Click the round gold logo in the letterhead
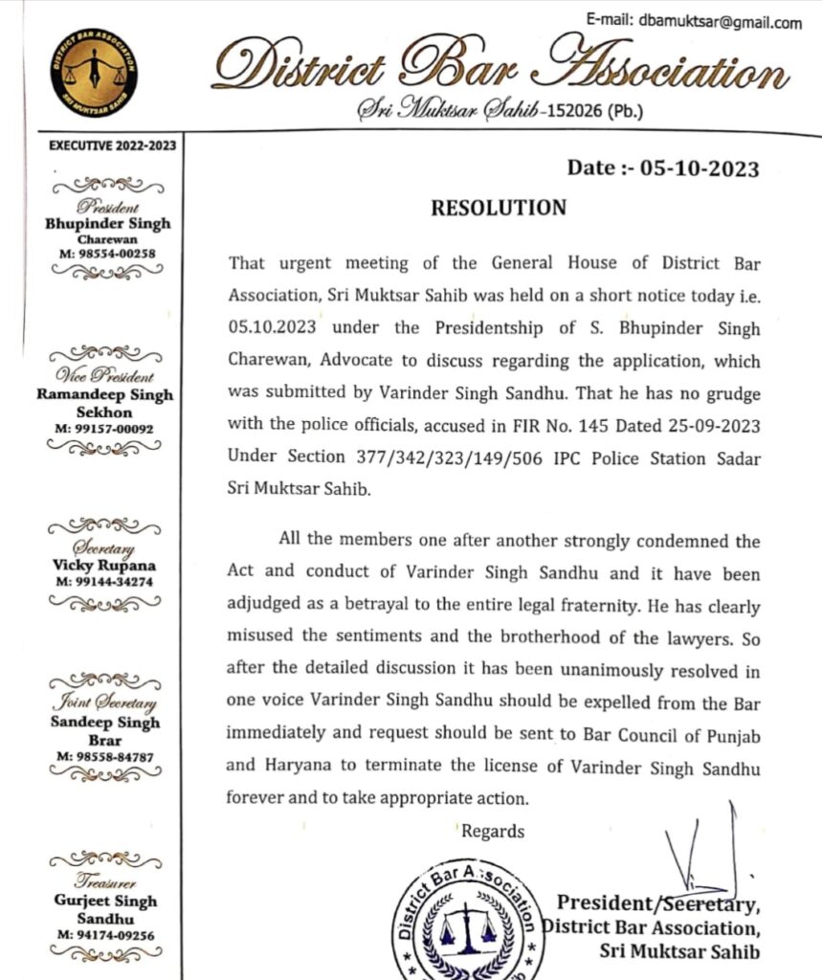click(x=93, y=73)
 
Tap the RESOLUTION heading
click(x=499, y=207)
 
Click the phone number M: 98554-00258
click(x=106, y=253)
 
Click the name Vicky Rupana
click(x=106, y=566)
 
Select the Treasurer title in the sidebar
click(x=106, y=882)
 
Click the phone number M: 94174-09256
click(x=106, y=934)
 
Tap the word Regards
click(x=493, y=831)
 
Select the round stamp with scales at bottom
click(x=466, y=921)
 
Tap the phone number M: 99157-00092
click(x=106, y=429)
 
